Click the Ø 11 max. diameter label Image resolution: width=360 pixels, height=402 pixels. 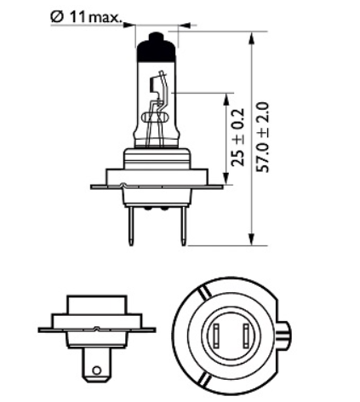(x=86, y=17)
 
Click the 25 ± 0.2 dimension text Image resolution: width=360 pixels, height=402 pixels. (x=237, y=137)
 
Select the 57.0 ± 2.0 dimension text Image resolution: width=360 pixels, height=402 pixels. (x=262, y=137)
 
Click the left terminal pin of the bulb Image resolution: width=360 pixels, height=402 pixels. (x=131, y=226)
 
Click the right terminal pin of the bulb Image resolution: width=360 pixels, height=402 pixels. (x=184, y=226)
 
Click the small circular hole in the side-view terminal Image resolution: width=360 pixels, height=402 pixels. (x=97, y=370)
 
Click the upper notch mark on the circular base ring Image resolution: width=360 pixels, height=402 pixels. (x=203, y=293)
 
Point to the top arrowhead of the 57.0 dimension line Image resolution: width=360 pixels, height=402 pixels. (x=251, y=37)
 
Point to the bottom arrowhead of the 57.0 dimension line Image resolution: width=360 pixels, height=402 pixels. (x=251, y=239)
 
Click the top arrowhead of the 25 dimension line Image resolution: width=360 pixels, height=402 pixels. (x=226, y=100)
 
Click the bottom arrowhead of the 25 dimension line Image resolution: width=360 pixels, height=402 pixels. (x=226, y=179)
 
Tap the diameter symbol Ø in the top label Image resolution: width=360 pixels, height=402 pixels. (x=57, y=18)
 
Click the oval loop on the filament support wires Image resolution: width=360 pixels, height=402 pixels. (x=155, y=117)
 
